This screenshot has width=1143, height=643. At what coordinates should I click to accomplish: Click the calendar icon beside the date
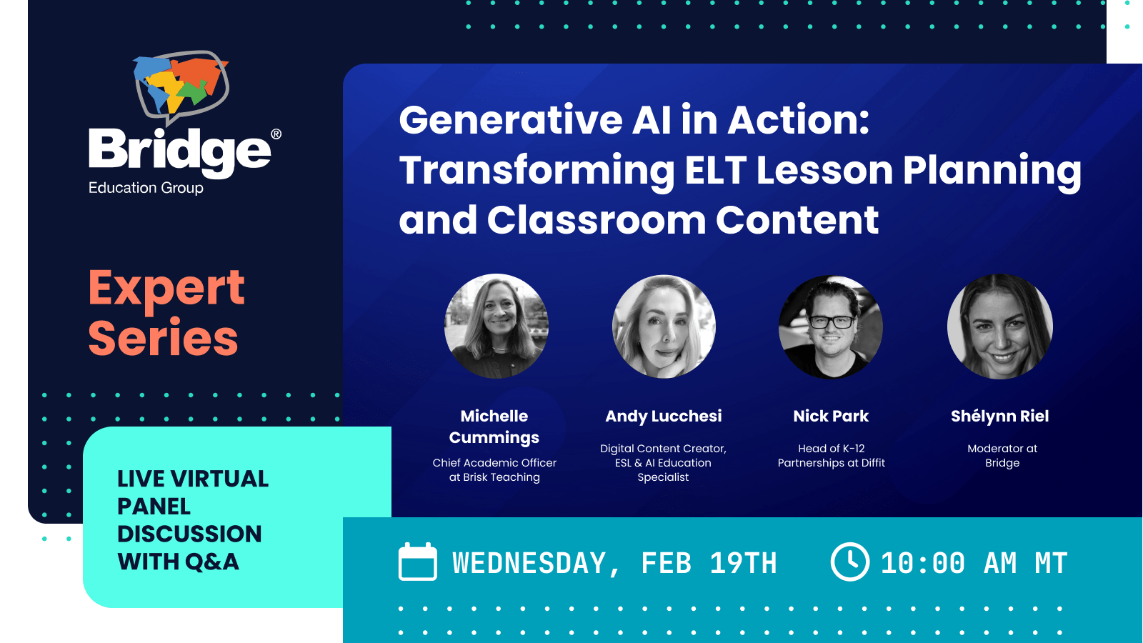[x=417, y=562]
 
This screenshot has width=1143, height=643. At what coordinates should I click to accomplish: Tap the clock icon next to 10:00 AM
[x=849, y=562]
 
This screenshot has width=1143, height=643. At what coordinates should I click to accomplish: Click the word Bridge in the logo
[x=179, y=151]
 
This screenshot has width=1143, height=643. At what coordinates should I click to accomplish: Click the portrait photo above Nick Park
[x=831, y=327]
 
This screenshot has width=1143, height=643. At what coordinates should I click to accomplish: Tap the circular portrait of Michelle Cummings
[x=496, y=327]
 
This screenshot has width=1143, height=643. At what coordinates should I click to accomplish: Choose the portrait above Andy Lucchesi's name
[x=664, y=327]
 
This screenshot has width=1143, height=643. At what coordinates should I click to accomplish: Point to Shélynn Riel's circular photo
[x=1000, y=327]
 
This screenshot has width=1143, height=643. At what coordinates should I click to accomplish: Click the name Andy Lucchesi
[x=664, y=416]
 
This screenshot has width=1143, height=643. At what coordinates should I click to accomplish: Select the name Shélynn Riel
[x=999, y=416]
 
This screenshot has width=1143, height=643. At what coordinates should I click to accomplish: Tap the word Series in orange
[x=163, y=339]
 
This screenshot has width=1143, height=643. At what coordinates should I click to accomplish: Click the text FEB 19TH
[x=709, y=564]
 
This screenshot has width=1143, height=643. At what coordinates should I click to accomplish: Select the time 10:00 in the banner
[x=922, y=564]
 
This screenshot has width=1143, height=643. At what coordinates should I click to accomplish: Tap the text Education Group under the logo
[x=146, y=188]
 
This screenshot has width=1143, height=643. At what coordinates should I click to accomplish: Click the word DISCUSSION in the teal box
[x=189, y=534]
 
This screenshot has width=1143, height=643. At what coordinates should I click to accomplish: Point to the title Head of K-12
[x=831, y=449]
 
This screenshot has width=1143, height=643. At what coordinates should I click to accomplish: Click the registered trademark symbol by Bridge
[x=276, y=134]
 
